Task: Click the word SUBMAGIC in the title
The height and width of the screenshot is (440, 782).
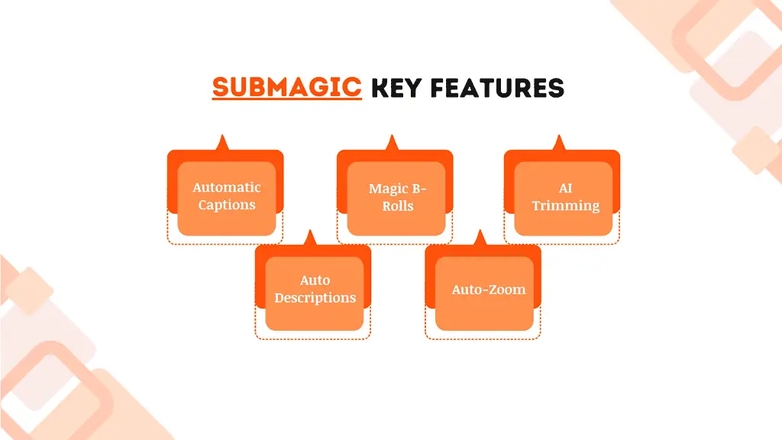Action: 286,88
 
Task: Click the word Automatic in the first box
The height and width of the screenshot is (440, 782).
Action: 226,187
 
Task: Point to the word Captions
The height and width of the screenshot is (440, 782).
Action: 226,205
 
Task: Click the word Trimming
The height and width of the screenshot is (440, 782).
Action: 565,205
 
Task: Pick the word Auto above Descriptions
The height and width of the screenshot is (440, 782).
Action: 315,280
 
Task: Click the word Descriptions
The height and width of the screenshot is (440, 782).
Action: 315,298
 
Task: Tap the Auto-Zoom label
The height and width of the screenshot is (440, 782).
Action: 489,290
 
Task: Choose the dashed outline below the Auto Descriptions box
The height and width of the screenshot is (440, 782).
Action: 312,338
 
